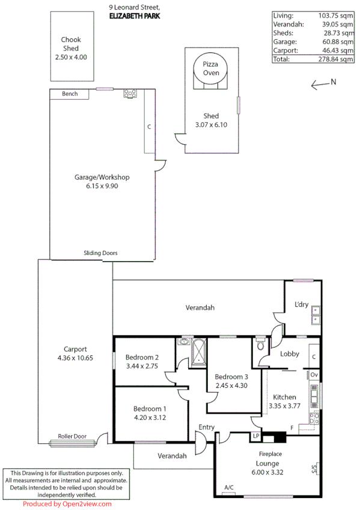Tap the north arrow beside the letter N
[319, 85]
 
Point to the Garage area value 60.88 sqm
[338, 42]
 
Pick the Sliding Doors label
[100, 253]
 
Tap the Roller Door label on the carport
[72, 437]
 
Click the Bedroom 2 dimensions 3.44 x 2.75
[142, 366]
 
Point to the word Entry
[207, 428]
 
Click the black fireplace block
[278, 437]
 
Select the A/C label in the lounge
[228, 487]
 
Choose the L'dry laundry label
[301, 304]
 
